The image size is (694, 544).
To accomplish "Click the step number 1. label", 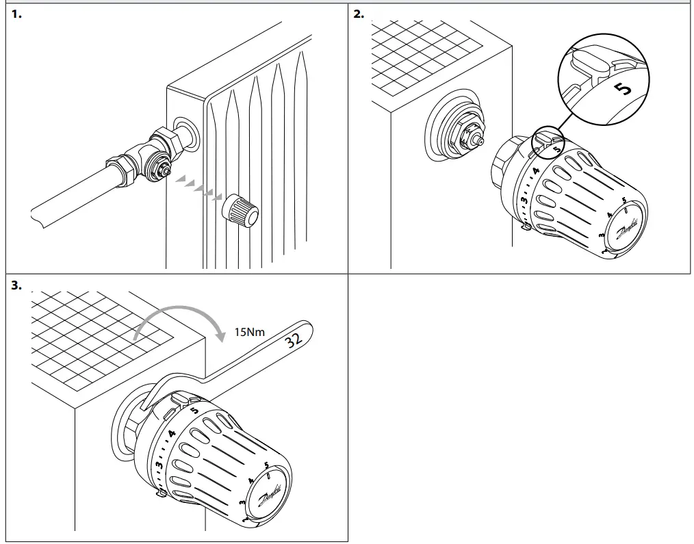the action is [x=16, y=14].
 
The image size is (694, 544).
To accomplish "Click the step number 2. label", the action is [x=359, y=14].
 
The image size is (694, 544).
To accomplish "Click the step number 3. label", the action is [x=16, y=285].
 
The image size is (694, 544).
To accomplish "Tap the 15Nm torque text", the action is [x=249, y=332].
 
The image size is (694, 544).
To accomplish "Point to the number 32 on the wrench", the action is [x=293, y=340].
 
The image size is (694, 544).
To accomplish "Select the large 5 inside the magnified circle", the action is [x=624, y=89].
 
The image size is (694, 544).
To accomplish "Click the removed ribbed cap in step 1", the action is [x=240, y=211].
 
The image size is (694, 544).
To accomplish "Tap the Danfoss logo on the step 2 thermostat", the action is [x=627, y=228].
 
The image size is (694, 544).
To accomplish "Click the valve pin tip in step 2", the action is [x=480, y=141].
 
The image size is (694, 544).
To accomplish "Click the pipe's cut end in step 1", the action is [x=37, y=217].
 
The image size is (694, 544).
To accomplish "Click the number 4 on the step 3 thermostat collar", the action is [x=171, y=433].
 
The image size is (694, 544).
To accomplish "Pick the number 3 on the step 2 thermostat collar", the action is [x=524, y=200].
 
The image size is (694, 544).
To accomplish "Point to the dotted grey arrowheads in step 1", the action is [x=198, y=187].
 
